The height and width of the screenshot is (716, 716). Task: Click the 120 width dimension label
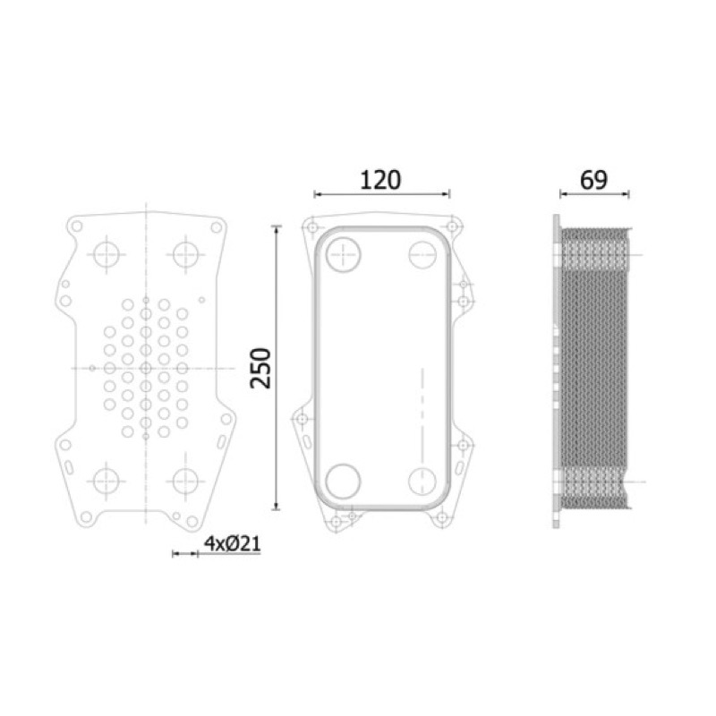380,181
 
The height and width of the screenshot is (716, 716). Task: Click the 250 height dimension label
260,368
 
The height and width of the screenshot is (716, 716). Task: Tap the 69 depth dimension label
593,181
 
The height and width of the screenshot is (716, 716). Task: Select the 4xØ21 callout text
232,543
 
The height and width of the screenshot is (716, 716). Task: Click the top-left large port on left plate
107,254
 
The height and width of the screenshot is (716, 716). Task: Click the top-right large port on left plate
185,254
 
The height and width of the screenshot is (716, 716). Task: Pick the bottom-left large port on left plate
107,481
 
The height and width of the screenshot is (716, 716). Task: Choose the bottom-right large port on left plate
185,481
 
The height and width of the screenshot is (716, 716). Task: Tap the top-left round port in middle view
344,254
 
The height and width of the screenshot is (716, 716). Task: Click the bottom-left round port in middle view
344,481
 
